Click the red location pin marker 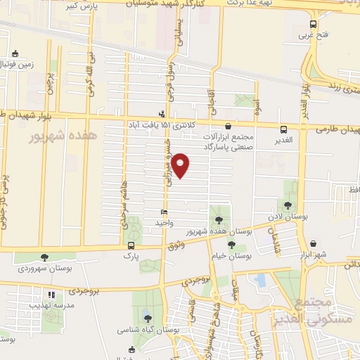pyautogui.click(x=181, y=165)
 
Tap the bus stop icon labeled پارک pyautogui.click(x=131, y=245)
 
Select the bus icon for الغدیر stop pyautogui.click(x=283, y=129)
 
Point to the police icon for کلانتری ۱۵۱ pyautogui.click(x=162, y=113)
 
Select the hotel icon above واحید pyautogui.click(x=164, y=212)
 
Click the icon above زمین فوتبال pyautogui.click(x=15, y=53)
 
